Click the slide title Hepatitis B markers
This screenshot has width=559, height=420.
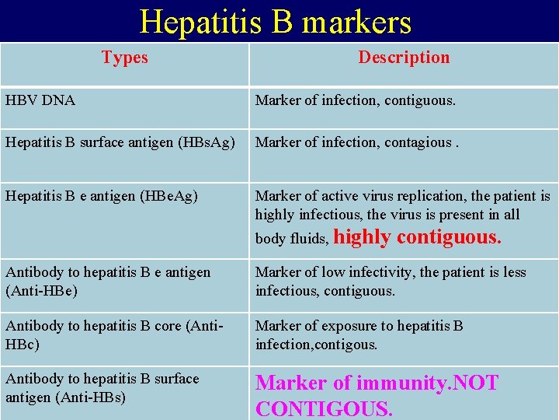276,22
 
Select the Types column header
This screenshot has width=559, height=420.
124,58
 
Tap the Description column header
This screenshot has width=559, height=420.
404,58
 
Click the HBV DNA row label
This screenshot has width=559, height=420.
40,100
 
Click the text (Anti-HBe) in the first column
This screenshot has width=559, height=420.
41,291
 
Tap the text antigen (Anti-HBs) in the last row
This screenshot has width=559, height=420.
66,397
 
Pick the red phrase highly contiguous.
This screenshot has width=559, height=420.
418,237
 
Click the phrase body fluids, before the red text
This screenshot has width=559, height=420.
292,240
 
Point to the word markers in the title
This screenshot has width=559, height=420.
356,22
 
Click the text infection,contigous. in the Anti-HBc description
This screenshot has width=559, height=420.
316,344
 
